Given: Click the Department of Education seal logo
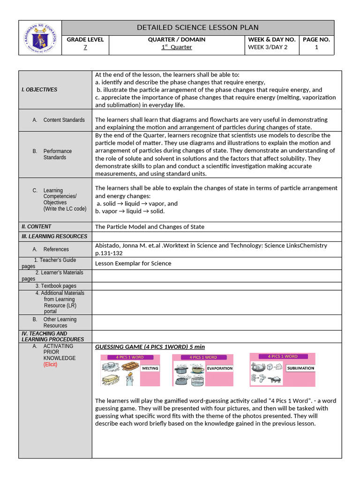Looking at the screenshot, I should tap(40, 38).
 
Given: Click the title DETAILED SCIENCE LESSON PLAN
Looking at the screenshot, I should tap(197, 28).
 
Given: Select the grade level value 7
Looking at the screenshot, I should tap(85, 47).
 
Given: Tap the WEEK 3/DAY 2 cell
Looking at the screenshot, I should tap(268, 47).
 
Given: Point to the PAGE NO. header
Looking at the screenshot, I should tap(316, 39).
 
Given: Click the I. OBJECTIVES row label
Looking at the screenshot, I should tap(39, 90).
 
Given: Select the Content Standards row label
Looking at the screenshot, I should tap(64, 120).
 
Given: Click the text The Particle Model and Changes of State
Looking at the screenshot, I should tap(150, 227).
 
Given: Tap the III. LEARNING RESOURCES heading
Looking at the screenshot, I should tap(54, 236).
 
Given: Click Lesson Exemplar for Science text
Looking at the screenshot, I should tap(133, 263).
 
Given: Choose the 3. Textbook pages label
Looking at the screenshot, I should tap(55, 286).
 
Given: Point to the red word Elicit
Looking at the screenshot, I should tap(50, 364).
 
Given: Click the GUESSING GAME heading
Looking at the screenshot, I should tap(150, 347).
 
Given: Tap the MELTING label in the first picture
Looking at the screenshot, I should tap(150, 368).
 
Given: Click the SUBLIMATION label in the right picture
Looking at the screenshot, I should tap(300, 368).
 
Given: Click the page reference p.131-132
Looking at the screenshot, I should tap(109, 253).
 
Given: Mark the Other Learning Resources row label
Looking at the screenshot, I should tap(60, 322).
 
